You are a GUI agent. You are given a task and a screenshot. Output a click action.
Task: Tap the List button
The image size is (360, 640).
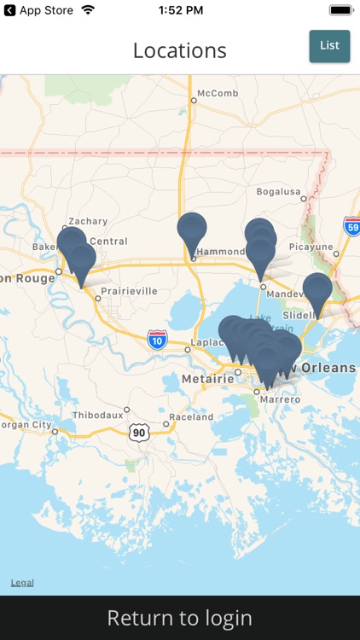329,46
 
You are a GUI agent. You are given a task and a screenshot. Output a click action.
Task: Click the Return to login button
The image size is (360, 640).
180,618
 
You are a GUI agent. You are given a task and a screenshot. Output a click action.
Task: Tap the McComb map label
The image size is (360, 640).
217,93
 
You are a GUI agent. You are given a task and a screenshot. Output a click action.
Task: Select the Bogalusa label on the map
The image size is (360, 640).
280,190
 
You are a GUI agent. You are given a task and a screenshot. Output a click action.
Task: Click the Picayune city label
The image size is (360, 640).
311,247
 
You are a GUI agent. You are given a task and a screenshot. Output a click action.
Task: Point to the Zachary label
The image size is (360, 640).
88,221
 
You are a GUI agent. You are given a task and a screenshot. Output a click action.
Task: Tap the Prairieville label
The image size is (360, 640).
129,290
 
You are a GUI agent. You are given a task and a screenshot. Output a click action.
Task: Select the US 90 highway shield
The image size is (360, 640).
140,433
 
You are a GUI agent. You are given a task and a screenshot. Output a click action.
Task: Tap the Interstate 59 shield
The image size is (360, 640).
351,225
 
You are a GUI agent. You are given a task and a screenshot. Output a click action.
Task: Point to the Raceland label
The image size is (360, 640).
191,417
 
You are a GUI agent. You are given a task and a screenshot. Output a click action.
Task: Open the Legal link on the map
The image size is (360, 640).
22,583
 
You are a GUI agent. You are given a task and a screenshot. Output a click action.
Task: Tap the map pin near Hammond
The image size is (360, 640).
192,230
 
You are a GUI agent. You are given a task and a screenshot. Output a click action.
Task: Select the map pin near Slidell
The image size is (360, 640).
317,291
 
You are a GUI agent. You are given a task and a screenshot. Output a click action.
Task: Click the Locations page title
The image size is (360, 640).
180,50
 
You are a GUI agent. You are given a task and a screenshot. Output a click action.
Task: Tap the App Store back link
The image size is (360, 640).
40,10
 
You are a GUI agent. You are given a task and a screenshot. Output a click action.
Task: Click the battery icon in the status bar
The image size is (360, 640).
340,10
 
